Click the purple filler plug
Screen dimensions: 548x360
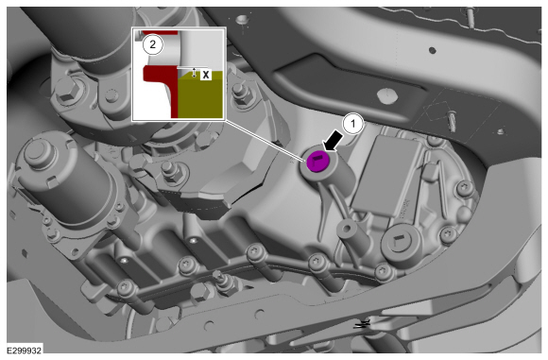(x=317, y=162)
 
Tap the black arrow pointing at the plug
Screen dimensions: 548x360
(x=334, y=140)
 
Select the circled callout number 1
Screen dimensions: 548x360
(x=352, y=124)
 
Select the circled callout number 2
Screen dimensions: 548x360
(x=152, y=44)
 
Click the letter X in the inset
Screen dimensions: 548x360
(x=206, y=75)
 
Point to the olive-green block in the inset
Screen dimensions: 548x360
(x=200, y=94)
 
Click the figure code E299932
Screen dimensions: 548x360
(x=25, y=350)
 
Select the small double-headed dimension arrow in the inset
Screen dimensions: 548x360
(x=195, y=73)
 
